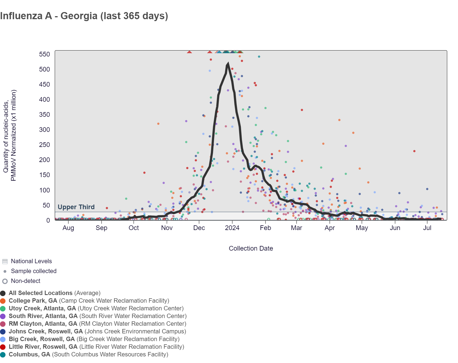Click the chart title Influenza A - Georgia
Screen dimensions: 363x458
tap(84, 16)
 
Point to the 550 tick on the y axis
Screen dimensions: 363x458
tap(44, 54)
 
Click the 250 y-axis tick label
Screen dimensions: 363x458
tap(44, 145)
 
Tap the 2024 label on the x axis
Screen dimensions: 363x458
tap(232, 228)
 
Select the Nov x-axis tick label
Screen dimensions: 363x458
tap(167, 228)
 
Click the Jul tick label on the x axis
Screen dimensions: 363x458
tap(427, 228)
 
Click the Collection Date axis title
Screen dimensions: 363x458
tap(251, 248)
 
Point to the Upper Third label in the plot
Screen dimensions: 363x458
tap(76, 207)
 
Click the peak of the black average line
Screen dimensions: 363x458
tap(228, 64)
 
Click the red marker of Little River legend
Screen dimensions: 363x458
tap(3, 347)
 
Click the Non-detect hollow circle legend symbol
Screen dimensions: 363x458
tap(5, 281)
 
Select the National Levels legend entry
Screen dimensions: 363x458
tap(31, 261)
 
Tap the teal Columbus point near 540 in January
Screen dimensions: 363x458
tap(259, 57)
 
